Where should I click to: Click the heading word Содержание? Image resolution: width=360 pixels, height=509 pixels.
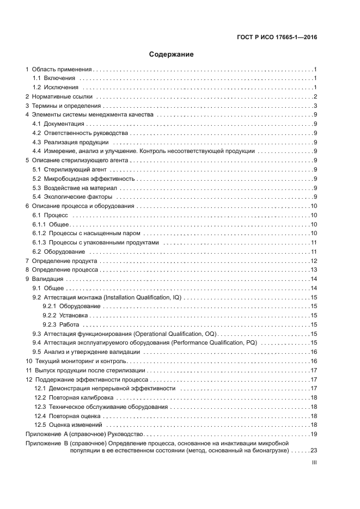click(x=172, y=54)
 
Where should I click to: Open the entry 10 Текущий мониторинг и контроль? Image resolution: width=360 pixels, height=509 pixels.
click(x=76, y=361)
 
